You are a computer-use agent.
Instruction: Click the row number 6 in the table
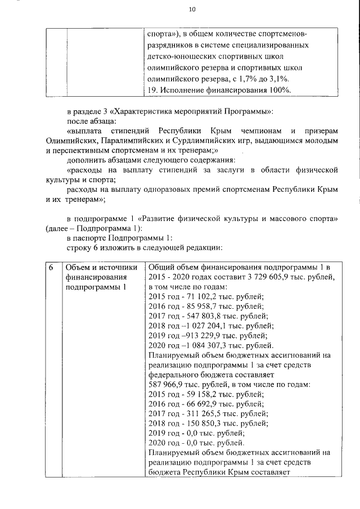pos(50,267)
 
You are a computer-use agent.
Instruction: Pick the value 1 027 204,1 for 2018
pos(204,326)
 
